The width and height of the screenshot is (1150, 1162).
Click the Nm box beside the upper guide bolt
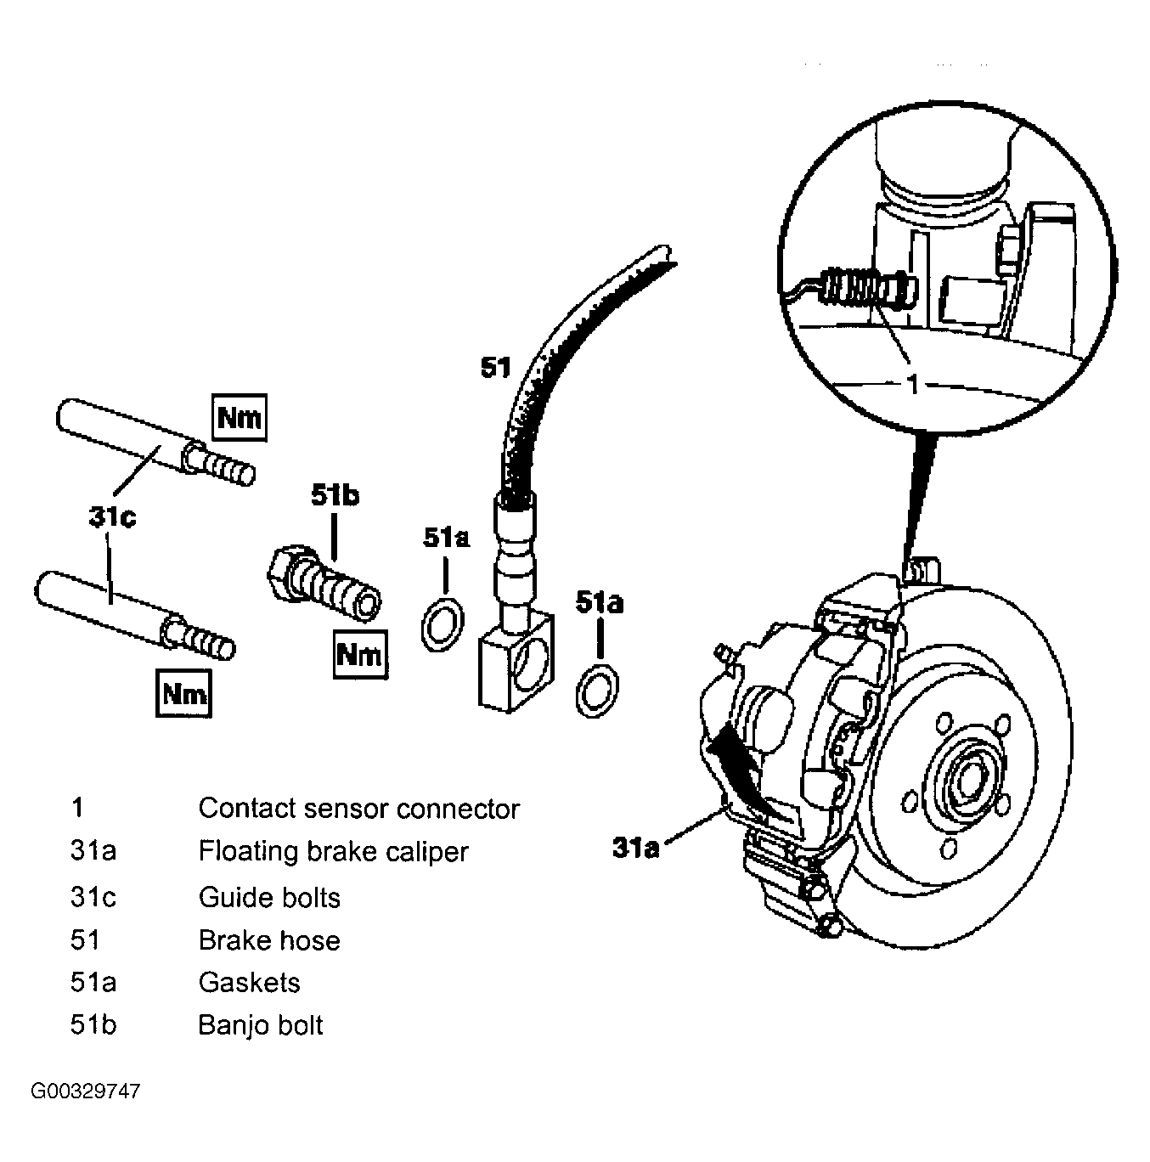[x=240, y=417]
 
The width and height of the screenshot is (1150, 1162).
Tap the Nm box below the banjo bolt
[x=361, y=654]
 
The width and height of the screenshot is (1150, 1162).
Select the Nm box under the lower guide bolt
[x=184, y=693]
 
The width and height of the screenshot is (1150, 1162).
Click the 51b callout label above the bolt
[x=335, y=496]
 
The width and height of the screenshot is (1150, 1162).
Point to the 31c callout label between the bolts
[x=113, y=517]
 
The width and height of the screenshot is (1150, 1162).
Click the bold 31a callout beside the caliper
[x=636, y=848]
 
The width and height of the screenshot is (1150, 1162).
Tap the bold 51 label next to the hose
[x=496, y=367]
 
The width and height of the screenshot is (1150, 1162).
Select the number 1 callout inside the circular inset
[x=914, y=384]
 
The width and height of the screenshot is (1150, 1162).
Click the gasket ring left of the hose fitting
[x=443, y=625]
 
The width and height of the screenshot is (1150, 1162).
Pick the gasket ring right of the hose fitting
[x=597, y=691]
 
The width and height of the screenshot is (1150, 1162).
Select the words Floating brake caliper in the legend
[x=334, y=851]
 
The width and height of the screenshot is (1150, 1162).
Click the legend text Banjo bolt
[x=261, y=1025]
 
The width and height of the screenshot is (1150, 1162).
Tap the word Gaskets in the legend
[x=249, y=982]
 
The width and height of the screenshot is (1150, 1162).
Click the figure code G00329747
[x=86, y=1091]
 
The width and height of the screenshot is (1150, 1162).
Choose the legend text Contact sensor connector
[x=358, y=809]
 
